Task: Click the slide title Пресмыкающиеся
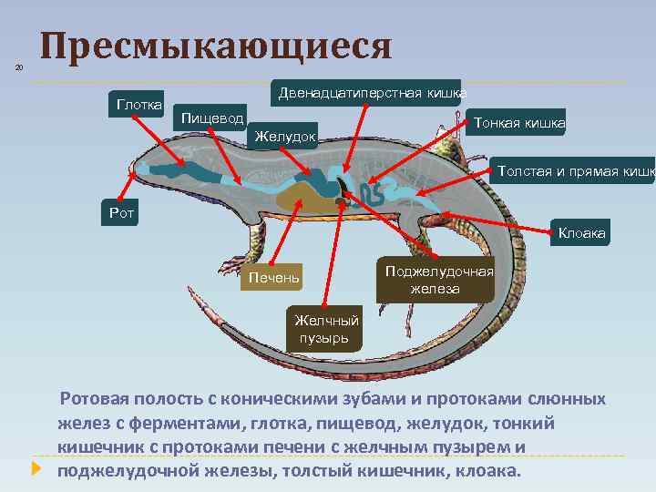click(217, 46)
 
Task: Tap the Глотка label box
click(135, 104)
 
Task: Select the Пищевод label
click(211, 118)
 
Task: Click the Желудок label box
click(285, 136)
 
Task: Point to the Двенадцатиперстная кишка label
click(372, 93)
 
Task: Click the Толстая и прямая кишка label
click(573, 170)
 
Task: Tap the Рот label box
click(119, 212)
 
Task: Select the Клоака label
click(581, 234)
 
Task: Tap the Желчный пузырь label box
click(323, 328)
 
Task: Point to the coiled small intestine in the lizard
click(372, 193)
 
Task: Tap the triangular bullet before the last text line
click(36, 470)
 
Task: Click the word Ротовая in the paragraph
click(96, 400)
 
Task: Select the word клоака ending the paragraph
click(490, 471)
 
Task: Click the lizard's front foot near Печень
click(231, 265)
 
